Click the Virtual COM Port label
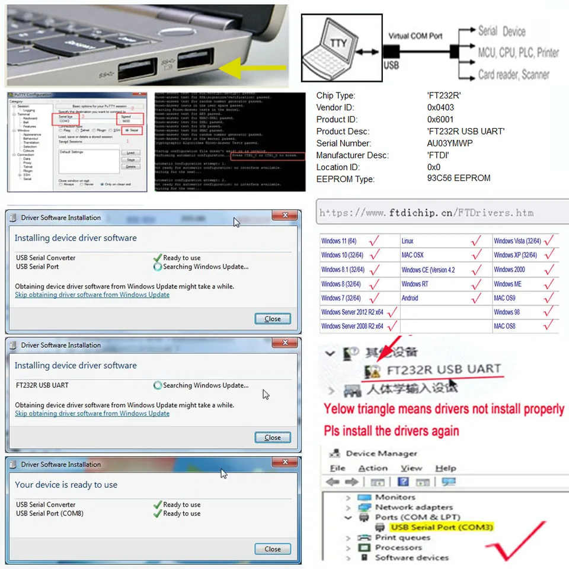point(415,36)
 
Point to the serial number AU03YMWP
point(450,143)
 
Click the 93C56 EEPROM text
point(458,178)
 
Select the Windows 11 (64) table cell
point(339,241)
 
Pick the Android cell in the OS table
point(410,298)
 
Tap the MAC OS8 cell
point(505,326)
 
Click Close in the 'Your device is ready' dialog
point(273,549)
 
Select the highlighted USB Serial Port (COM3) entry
point(442,528)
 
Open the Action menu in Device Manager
point(373,468)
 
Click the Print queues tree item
point(402,538)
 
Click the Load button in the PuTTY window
point(130,152)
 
